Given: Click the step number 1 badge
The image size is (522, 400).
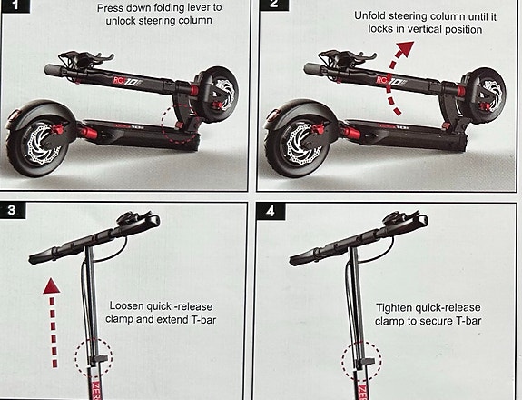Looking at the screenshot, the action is point(15,5).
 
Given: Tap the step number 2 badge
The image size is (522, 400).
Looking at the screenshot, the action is point(273,5).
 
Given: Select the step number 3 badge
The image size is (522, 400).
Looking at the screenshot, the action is point(12,210).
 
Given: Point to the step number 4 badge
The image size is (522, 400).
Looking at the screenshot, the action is point(271,211).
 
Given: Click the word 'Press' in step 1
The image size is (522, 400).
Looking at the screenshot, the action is point(110,8).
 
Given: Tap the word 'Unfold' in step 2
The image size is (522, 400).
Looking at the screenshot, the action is point(369,16).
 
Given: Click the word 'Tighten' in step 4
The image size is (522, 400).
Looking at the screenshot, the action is point(393,307).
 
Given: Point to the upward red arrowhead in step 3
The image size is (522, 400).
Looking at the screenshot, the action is point(52,286).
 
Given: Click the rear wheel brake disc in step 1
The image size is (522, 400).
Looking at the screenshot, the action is point(41,143).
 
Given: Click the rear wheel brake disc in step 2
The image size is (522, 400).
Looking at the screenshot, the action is point(300,143).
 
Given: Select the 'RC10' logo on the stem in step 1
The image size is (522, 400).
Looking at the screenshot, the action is point(127,81).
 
